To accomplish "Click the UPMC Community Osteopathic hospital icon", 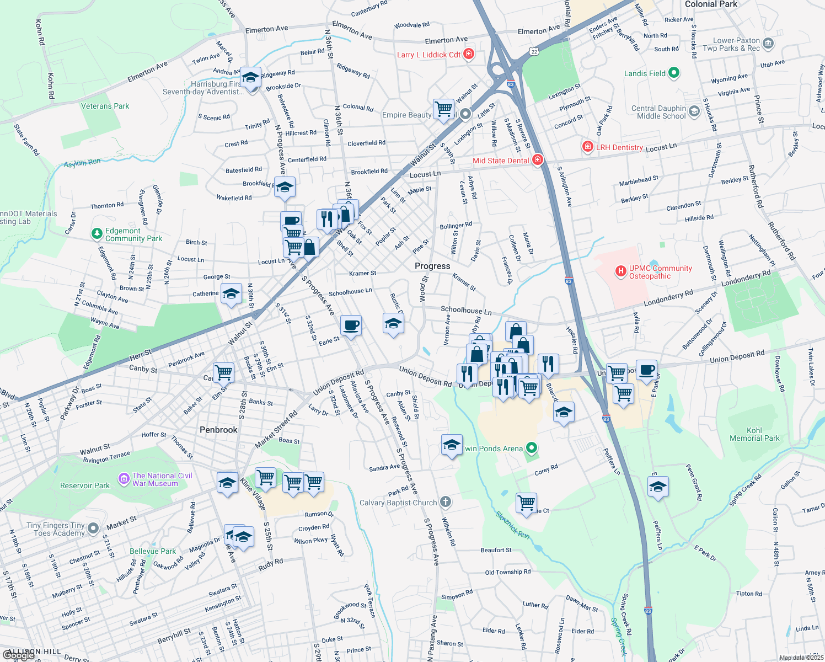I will pyautogui.click(x=621, y=271).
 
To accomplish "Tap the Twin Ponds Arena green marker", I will pyautogui.click(x=531, y=448).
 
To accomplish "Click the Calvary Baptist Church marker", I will pyautogui.click(x=446, y=502).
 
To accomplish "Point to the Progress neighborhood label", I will pyautogui.click(x=432, y=266).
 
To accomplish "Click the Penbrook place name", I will pyautogui.click(x=218, y=430).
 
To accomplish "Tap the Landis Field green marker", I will pyautogui.click(x=673, y=73).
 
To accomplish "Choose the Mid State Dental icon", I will pyautogui.click(x=538, y=160).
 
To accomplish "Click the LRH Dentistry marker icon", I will pyautogui.click(x=588, y=147).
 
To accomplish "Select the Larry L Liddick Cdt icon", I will pyautogui.click(x=469, y=54).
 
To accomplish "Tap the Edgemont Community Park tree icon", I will pyautogui.click(x=97, y=234).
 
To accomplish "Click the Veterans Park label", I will pyautogui.click(x=105, y=106).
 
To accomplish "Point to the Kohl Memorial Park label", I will pyautogui.click(x=754, y=434).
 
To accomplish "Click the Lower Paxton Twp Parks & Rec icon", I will pyautogui.click(x=769, y=43).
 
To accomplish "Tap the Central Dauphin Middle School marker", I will pyautogui.click(x=694, y=111).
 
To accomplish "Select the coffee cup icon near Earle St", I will pyautogui.click(x=351, y=325).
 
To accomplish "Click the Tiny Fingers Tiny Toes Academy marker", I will pyautogui.click(x=93, y=528).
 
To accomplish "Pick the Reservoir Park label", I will pyautogui.click(x=85, y=485).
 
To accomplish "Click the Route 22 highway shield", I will pyautogui.click(x=533, y=51).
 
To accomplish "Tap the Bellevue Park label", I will pyautogui.click(x=153, y=551).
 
